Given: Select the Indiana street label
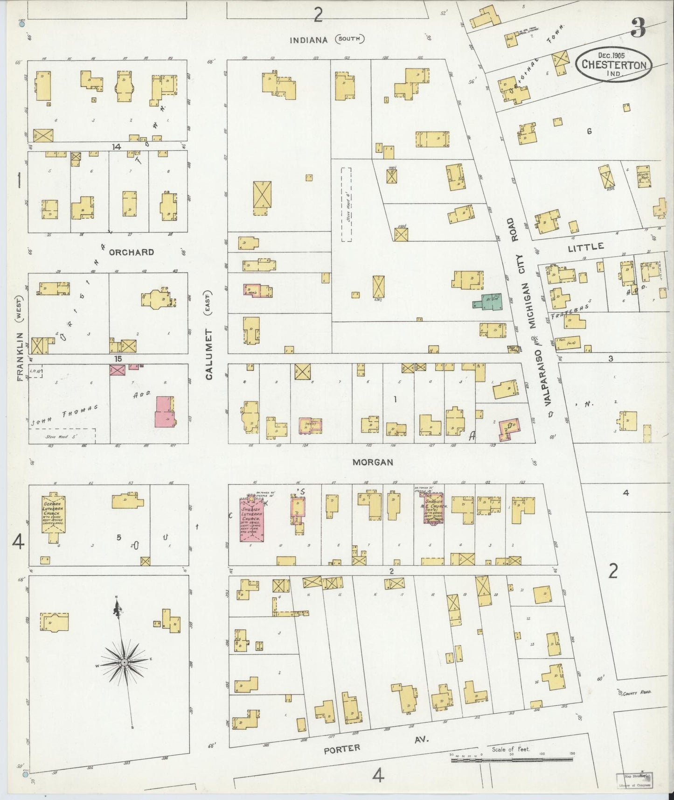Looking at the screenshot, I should tap(309, 40).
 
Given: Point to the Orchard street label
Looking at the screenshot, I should tap(131, 252).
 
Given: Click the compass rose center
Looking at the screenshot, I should tap(125, 663).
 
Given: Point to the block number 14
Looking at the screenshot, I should tap(116, 147).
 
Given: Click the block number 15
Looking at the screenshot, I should tap(118, 358).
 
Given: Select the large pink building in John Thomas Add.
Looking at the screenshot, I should tap(164, 411).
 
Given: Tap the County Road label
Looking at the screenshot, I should tap(636, 694).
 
